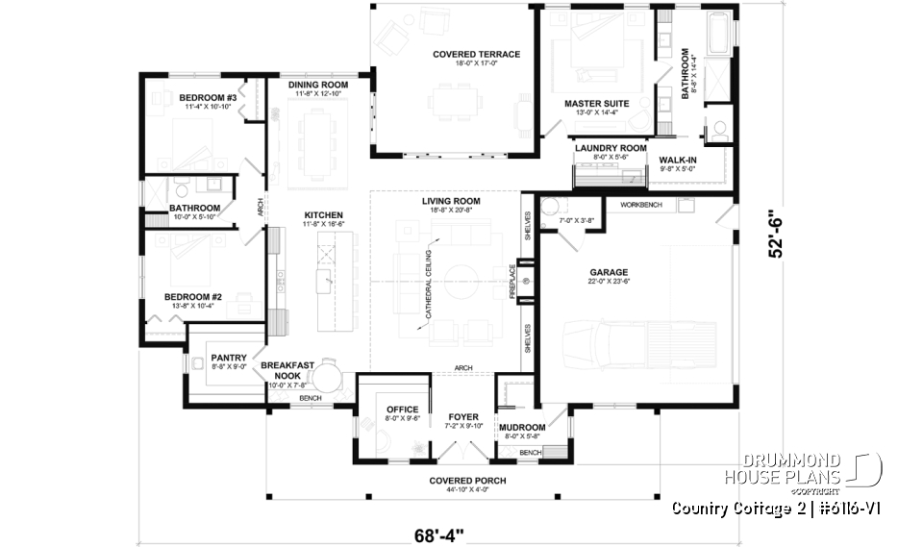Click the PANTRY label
tap(229, 358)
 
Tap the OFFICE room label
tap(396, 410)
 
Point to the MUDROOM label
tap(522, 427)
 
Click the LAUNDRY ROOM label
tap(611, 147)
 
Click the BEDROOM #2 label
tap(192, 297)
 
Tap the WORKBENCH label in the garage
tap(640, 205)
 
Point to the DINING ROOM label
tap(318, 85)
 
